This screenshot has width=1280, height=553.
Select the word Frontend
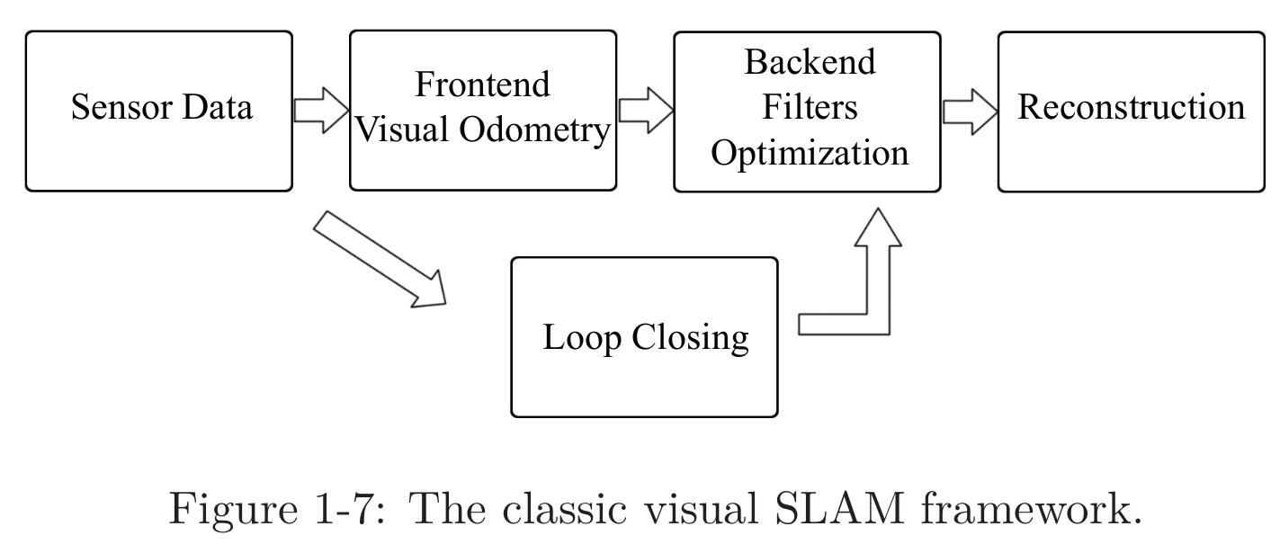pyautogui.click(x=482, y=85)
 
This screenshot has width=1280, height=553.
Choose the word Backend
pyautogui.click(x=810, y=62)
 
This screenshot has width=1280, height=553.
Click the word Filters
pyautogui.click(x=810, y=107)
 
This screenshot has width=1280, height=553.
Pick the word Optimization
pyautogui.click(x=810, y=153)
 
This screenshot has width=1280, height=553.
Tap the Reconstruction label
pyautogui.click(x=1131, y=107)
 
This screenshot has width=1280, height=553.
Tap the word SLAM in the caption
pyautogui.click(x=842, y=511)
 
